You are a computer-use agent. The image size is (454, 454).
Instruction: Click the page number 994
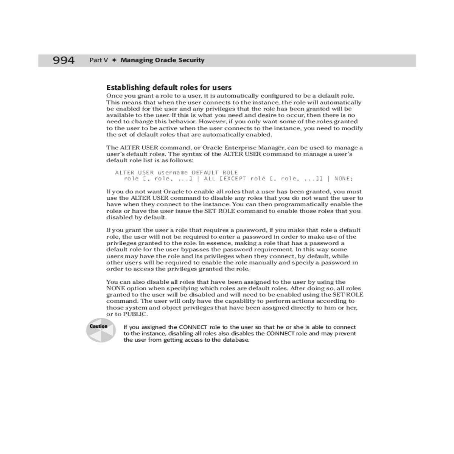point(64,60)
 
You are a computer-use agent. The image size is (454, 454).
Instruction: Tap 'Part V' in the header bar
point(98,60)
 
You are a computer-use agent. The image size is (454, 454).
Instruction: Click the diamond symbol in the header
point(114,60)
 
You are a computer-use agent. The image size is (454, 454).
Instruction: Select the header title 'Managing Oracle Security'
point(162,60)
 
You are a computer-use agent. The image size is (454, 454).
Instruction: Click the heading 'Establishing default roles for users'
point(169,88)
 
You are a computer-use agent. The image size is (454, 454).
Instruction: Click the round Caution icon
point(101,330)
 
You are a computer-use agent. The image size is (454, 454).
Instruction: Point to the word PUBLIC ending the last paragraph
point(135,314)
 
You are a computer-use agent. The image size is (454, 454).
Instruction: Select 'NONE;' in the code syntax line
point(344,179)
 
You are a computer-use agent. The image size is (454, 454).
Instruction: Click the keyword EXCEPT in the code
point(236,179)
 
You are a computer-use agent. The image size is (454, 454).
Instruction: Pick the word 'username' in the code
point(172,173)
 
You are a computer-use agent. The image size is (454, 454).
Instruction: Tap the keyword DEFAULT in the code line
point(205,173)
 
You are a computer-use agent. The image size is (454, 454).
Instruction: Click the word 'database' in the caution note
point(236,340)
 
